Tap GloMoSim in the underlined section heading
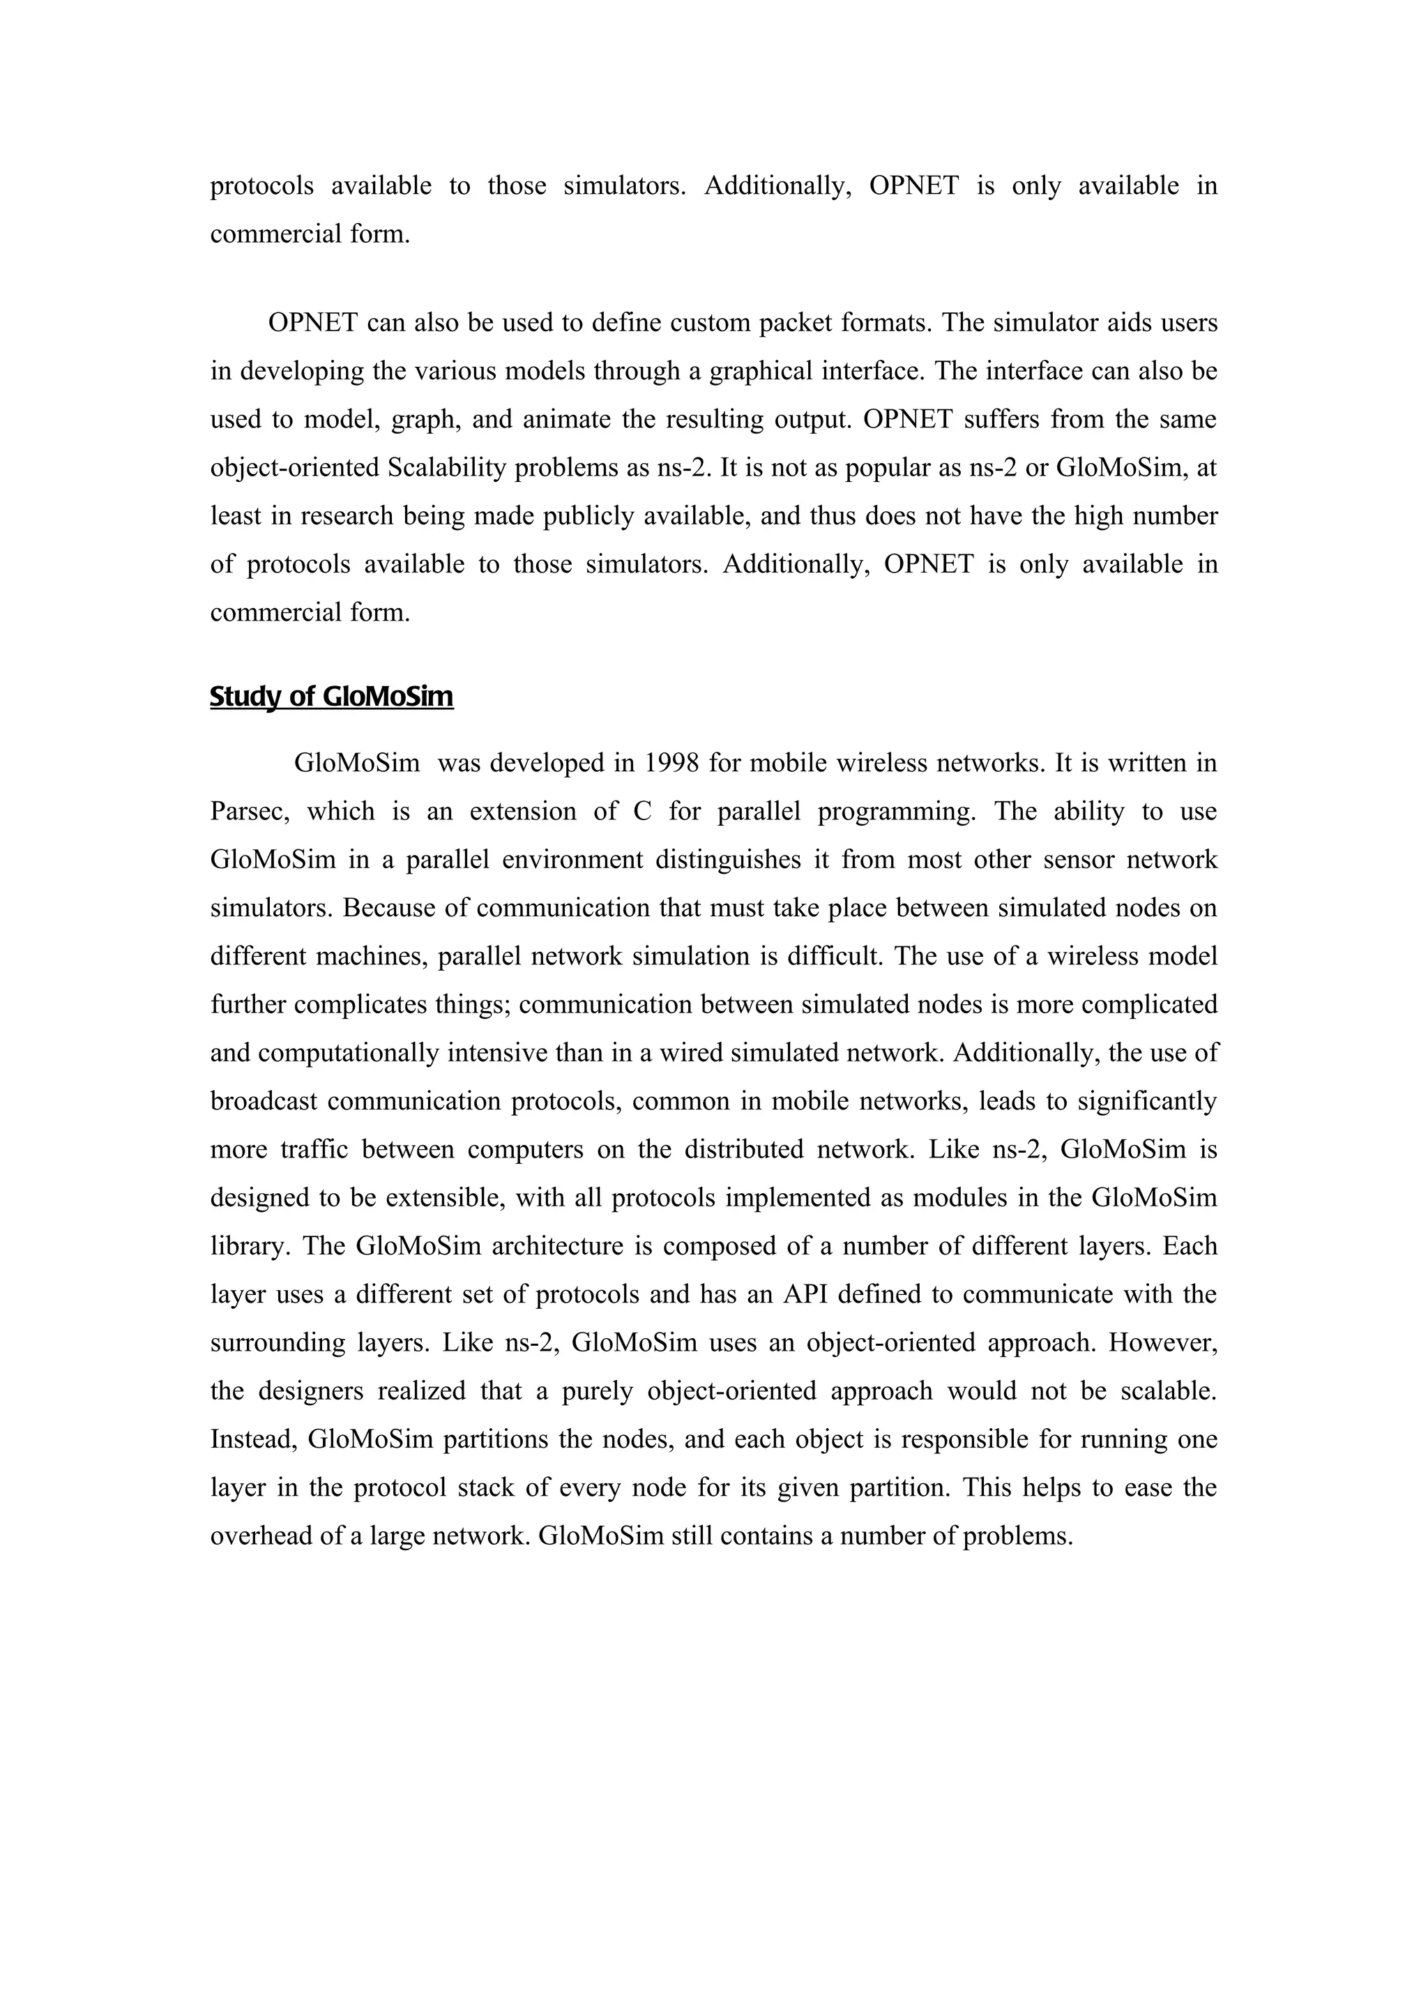[x=388, y=697]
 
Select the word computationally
[x=349, y=1052]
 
